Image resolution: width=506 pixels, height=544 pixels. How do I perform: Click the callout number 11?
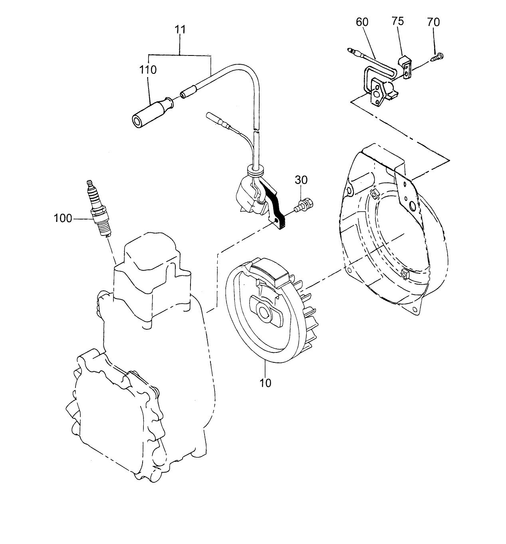point(180,30)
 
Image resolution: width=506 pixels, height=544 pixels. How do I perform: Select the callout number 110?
point(148,70)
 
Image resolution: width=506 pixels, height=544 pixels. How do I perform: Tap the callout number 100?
point(63,218)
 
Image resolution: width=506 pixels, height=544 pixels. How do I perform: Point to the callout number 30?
point(302,180)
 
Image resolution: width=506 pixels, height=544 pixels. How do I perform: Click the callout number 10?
point(265,383)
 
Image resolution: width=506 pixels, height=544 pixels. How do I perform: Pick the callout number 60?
point(362,22)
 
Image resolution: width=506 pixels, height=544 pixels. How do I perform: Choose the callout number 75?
point(397,21)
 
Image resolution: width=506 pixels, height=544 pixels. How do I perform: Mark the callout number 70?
point(433,22)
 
